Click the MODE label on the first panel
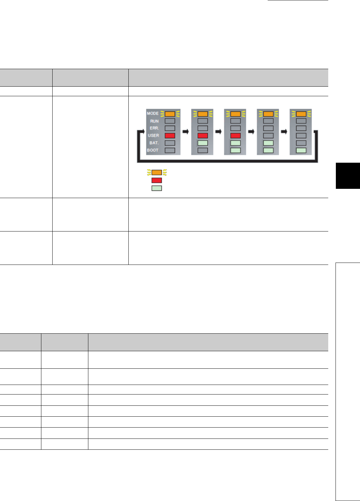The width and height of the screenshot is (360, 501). [153, 113]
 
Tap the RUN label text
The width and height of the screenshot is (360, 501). [154, 121]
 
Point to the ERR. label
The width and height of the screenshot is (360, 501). [154, 128]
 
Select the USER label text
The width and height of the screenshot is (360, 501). [153, 136]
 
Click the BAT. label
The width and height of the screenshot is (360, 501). [154, 143]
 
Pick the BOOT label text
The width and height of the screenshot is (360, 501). [153, 150]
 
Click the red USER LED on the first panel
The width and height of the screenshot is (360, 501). [170, 136]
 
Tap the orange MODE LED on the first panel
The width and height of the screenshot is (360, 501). [170, 114]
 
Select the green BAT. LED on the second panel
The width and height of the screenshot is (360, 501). [202, 143]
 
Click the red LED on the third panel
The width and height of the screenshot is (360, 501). [235, 136]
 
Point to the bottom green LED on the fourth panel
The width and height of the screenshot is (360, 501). [268, 150]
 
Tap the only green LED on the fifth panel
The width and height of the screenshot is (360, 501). [301, 150]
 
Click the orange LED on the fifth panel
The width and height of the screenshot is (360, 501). [301, 114]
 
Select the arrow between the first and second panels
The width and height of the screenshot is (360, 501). [186, 131]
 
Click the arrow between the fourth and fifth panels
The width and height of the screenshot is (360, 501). [284, 131]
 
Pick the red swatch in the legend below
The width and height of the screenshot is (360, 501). [157, 181]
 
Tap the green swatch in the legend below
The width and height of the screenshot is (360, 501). [157, 188]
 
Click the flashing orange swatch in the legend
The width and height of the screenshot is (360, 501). [157, 172]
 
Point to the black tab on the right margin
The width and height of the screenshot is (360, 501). [348, 176]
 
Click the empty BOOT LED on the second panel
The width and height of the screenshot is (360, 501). [202, 150]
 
